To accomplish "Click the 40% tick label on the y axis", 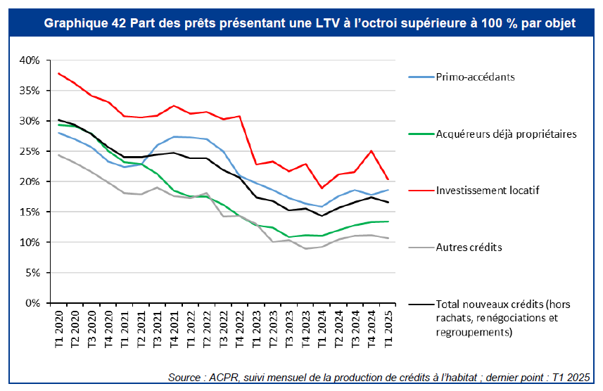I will [x=29, y=60].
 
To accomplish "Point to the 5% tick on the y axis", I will [x=31, y=273].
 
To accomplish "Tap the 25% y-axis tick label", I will [x=29, y=151].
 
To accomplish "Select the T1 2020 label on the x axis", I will [x=58, y=328].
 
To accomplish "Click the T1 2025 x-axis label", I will [x=388, y=328].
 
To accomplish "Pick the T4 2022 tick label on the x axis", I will [x=240, y=328].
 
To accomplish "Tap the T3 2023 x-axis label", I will [x=289, y=328].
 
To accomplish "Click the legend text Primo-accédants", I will [x=475, y=77].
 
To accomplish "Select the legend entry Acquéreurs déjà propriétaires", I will [x=506, y=134].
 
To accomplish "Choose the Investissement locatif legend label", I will [x=488, y=191].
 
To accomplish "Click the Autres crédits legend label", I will [x=469, y=248].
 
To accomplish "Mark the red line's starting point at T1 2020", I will [x=58, y=73].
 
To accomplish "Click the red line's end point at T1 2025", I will [x=388, y=179].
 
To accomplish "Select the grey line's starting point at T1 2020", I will [x=58, y=155].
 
